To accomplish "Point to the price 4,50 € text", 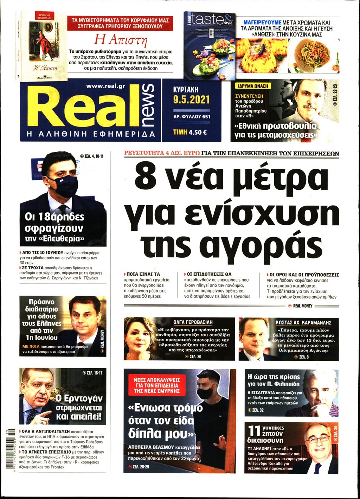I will (197, 132).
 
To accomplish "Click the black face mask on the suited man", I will (63, 186).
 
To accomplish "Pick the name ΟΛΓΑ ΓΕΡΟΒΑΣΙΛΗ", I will (193, 322).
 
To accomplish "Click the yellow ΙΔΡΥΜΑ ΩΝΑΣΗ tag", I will (253, 86).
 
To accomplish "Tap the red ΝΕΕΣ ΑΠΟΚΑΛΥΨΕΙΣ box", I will (156, 385).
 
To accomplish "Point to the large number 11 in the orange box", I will (254, 431).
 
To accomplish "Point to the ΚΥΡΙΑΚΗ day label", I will (186, 90).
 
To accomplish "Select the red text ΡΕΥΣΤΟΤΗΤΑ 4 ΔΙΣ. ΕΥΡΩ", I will (162, 153).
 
